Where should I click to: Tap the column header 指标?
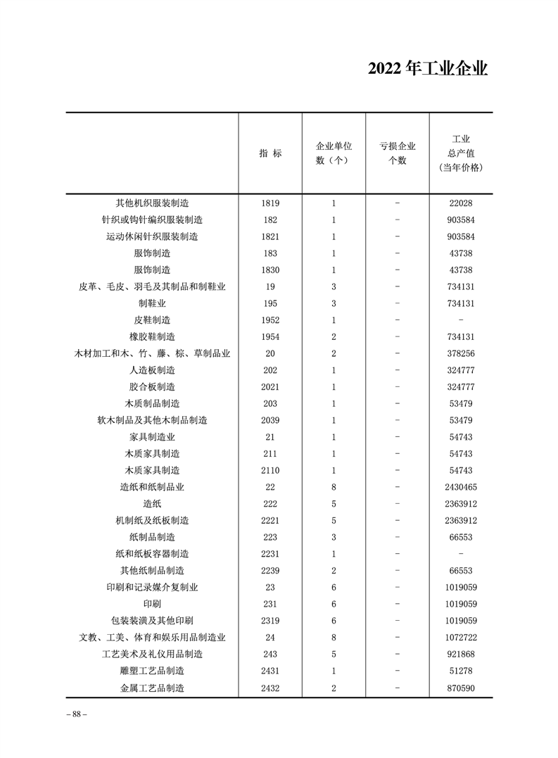point(270,153)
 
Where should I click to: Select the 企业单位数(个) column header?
point(334,153)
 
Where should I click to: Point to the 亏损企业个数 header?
point(398,153)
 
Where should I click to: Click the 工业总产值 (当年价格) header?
point(461,153)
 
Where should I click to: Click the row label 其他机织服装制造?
point(152,203)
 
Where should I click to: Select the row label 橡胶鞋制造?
point(152,337)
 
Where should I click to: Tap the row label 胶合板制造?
point(152,387)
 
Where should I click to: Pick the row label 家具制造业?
point(152,437)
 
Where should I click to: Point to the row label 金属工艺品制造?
point(152,688)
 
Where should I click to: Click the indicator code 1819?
point(270,203)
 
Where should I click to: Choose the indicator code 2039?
point(270,420)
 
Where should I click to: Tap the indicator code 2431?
point(270,671)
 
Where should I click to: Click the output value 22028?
point(461,203)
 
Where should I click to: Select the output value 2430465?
point(461,487)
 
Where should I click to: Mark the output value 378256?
point(461,353)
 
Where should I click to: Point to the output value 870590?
point(461,688)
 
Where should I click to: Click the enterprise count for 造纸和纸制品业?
point(334,487)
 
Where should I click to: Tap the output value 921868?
point(461,655)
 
